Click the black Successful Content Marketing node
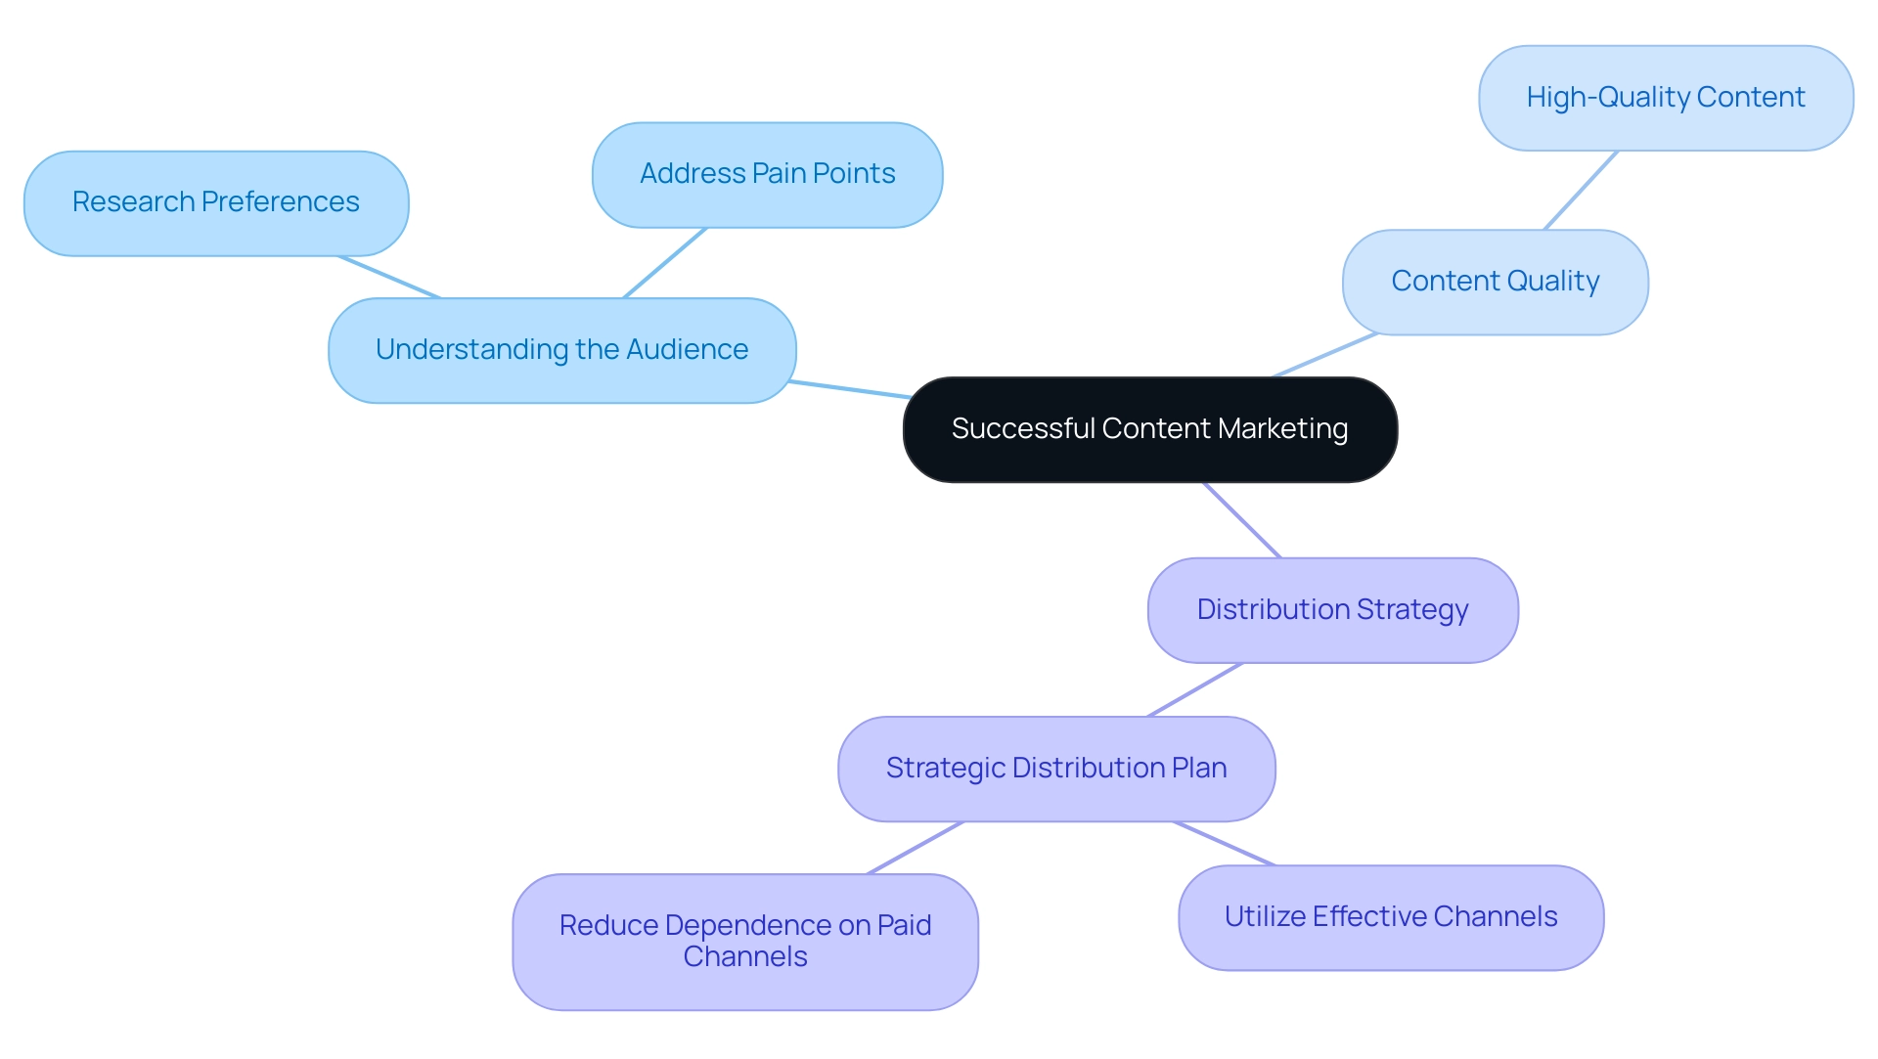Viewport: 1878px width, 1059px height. coord(1149,429)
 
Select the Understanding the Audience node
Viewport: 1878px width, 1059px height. coord(561,350)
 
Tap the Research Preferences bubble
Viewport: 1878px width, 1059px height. coord(215,202)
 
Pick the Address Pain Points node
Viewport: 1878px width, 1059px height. coord(767,174)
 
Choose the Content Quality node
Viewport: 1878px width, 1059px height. coord(1495,282)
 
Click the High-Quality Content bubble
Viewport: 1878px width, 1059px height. coord(1665,98)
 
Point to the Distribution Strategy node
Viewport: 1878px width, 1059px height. coord(1332,610)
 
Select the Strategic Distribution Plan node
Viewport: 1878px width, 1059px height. coord(1056,769)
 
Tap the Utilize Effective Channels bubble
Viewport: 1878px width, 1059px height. coord(1390,917)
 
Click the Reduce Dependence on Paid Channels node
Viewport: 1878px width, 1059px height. coord(744,941)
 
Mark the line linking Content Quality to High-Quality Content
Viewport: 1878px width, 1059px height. coord(1581,191)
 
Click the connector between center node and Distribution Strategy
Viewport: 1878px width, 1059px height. coord(1242,520)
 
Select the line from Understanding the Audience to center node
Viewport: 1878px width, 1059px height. coord(849,389)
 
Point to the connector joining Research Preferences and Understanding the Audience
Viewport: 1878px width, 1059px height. coord(389,277)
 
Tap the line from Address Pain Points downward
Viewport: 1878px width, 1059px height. coord(665,263)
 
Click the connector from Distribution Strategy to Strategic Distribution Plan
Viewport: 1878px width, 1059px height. coord(1195,690)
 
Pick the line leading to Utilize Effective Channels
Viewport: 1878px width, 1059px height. coord(1225,844)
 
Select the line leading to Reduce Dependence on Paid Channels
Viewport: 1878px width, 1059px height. coord(916,848)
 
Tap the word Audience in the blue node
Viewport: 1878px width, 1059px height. coord(687,350)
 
